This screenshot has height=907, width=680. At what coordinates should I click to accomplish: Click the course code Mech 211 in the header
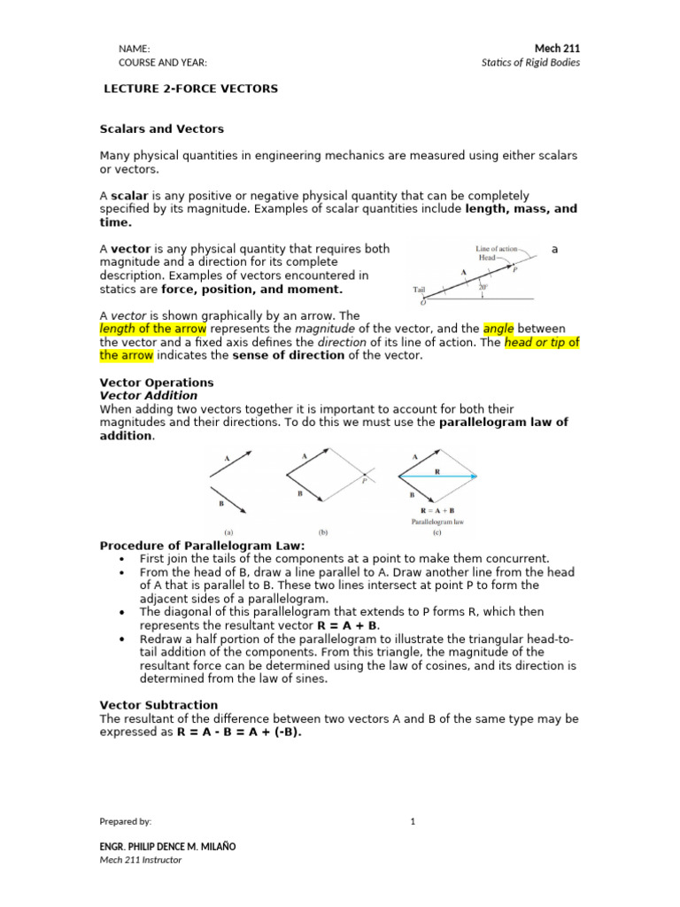557,48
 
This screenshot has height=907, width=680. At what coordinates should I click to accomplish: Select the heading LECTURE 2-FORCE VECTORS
191,89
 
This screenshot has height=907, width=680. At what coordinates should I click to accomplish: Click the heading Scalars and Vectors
161,129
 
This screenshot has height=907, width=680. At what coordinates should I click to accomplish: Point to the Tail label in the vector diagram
420,290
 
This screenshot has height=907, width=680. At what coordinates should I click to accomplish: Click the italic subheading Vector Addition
148,395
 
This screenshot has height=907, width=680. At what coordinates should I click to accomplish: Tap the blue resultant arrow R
439,477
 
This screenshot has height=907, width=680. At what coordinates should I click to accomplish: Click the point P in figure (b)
364,481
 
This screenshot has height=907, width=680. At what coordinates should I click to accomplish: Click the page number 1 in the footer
413,821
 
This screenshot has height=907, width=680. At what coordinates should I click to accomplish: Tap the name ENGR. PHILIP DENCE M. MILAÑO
167,846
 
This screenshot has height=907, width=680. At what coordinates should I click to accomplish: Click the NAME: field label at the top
135,49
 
